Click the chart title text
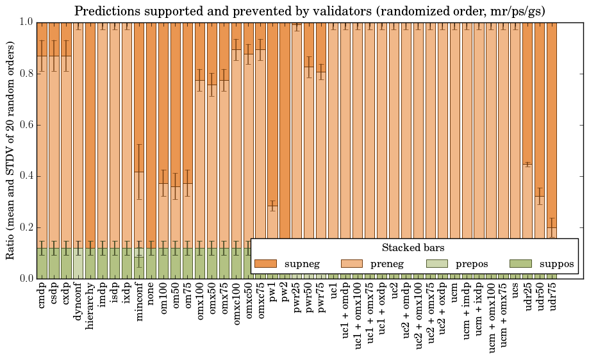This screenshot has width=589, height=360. (310, 11)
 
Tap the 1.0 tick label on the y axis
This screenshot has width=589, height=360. (25, 22)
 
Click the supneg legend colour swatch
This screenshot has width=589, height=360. (265, 264)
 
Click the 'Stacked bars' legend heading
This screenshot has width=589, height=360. (413, 247)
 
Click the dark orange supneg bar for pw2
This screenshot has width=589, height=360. (285, 128)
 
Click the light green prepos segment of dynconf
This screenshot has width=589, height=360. (78, 263)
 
